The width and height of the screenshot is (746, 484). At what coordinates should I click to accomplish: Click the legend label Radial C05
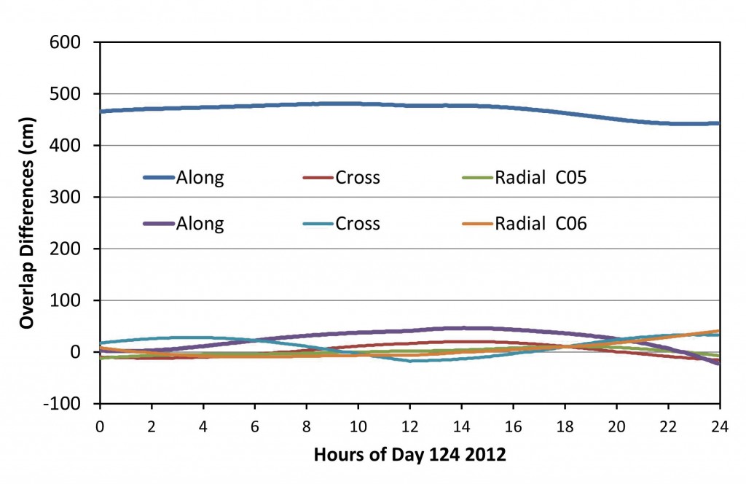[x=540, y=177]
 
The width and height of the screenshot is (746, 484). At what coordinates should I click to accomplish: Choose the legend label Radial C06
[x=540, y=224]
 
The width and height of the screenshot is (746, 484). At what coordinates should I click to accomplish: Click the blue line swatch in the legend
[x=158, y=177]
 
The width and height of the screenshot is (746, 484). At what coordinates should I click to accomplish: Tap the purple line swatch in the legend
[x=158, y=224]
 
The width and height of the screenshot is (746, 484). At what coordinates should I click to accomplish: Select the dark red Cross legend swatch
[x=318, y=177]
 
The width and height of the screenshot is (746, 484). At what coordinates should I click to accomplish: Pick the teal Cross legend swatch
[x=318, y=224]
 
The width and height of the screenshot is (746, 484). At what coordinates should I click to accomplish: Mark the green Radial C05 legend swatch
[x=477, y=177]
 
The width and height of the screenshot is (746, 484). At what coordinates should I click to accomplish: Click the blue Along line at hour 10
[x=358, y=104]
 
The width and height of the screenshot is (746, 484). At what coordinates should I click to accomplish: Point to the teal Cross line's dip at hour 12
[x=410, y=361]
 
